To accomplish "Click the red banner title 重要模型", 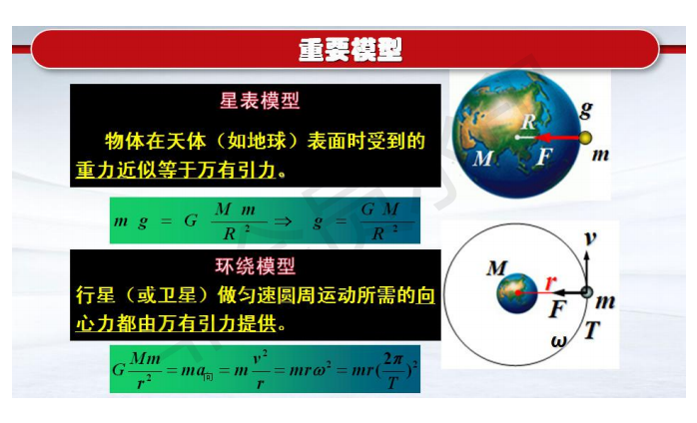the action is (x=350, y=50).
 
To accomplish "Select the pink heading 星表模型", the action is (x=260, y=101).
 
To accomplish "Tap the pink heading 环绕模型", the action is (x=256, y=265).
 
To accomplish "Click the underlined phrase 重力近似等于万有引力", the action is (x=176, y=170).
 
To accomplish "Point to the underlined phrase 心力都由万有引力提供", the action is (x=176, y=323).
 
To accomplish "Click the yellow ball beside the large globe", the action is (x=586, y=138).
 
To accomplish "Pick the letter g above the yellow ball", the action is (x=587, y=110).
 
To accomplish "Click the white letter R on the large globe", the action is (x=529, y=122).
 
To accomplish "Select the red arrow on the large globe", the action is (x=557, y=138).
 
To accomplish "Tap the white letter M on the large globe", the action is (x=483, y=158).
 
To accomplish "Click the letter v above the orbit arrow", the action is (x=590, y=238).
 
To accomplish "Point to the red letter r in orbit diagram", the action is (x=551, y=281).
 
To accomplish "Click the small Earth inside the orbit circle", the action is (x=517, y=293).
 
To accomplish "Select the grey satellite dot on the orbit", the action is (x=587, y=292).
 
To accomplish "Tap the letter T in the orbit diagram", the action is (x=592, y=330).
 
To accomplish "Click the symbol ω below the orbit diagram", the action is (x=559, y=341).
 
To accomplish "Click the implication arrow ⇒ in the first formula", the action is (x=283, y=220).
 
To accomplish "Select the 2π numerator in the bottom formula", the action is (x=393, y=358).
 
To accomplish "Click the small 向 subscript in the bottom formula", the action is (x=208, y=377).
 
